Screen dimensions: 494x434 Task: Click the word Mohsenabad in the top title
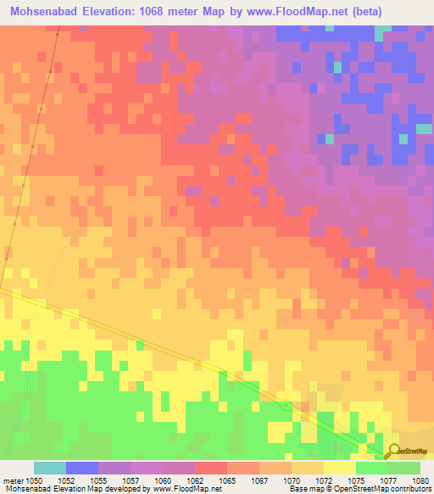coord(49,12)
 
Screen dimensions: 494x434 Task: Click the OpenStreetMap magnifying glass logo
coord(395,452)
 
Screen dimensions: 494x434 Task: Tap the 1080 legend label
coord(420,480)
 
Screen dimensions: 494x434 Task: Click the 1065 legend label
coord(226,480)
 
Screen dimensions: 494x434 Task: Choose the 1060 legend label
coord(162,480)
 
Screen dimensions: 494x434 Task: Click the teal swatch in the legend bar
coord(50,468)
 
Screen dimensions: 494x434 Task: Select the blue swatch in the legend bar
coord(82,468)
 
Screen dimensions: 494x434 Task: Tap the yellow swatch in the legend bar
coord(340,468)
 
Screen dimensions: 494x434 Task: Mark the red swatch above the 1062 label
coord(211,468)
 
